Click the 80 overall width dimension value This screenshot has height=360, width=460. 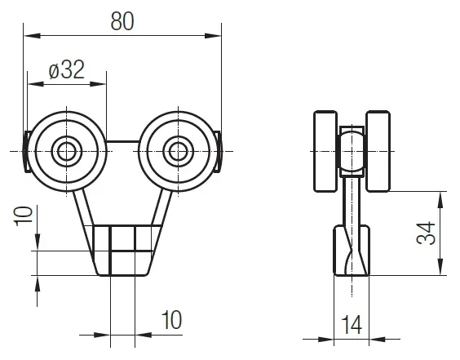click(x=122, y=21)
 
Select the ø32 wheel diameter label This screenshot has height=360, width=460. click(x=66, y=70)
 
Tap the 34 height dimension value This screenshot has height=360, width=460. click(x=425, y=233)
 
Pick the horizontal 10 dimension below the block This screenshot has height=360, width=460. click(x=171, y=318)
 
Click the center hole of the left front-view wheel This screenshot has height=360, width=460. click(x=64, y=150)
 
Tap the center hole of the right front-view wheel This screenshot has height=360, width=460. click(x=177, y=150)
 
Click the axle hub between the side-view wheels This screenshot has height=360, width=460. click(x=352, y=153)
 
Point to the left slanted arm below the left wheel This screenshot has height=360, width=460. click(x=85, y=208)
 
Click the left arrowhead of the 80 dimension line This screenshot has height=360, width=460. click(x=28, y=35)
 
